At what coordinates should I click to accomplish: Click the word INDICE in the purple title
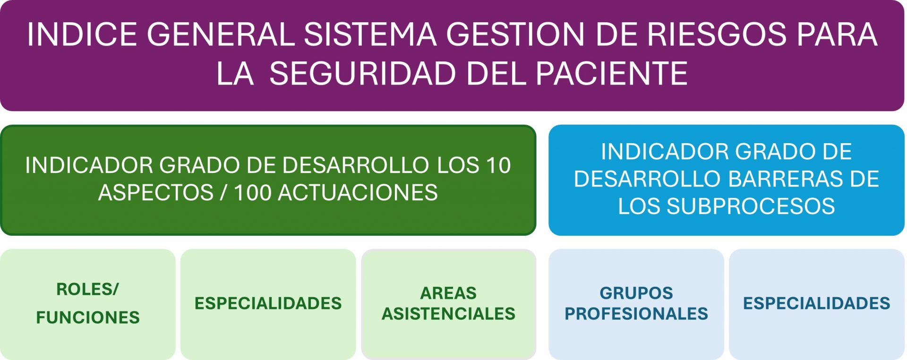tap(82, 34)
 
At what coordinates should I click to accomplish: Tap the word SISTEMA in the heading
tap(370, 34)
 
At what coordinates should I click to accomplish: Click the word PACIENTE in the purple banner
tap(612, 73)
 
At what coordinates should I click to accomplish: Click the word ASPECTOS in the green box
tap(156, 193)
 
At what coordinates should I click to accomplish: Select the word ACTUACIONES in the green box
tap(358, 193)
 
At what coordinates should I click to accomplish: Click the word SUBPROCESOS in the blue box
tap(751, 206)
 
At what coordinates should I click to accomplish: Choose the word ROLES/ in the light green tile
tap(88, 289)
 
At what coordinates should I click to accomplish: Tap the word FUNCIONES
tap(88, 317)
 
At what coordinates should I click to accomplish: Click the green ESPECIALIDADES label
tap(268, 303)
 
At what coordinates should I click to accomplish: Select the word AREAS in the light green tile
tap(448, 293)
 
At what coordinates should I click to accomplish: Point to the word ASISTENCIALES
tap(448, 314)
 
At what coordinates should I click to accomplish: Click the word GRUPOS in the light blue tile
tap(636, 293)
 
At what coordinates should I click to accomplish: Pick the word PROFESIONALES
tap(636, 314)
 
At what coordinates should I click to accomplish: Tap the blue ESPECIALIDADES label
tap(817, 303)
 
